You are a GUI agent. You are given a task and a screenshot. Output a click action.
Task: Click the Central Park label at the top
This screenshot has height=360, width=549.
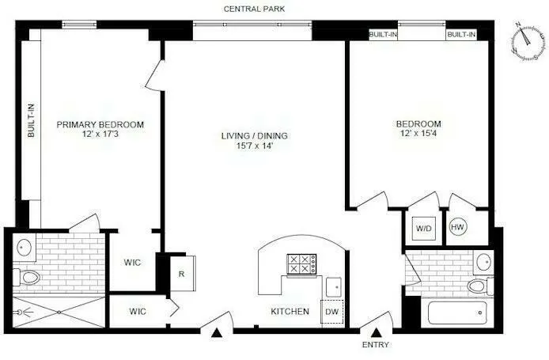(x=254, y=9)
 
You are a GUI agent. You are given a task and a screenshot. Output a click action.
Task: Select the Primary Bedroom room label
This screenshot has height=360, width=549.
(x=100, y=124)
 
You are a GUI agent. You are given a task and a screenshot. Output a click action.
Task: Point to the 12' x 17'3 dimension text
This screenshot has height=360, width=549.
(x=100, y=135)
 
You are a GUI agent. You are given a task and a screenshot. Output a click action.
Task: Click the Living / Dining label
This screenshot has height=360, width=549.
(x=254, y=136)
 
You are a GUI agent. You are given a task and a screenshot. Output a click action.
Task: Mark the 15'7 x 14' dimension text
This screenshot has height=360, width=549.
(x=254, y=147)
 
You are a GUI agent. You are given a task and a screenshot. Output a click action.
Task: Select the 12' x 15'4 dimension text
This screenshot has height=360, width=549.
(x=418, y=135)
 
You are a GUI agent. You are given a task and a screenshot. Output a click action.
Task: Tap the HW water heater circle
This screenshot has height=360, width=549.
(x=457, y=228)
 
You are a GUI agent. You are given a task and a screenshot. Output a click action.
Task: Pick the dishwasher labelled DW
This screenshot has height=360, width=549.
(x=331, y=312)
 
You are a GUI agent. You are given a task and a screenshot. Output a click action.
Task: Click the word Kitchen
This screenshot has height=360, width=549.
(x=290, y=312)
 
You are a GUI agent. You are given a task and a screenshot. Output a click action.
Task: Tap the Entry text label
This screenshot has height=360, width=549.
(x=377, y=346)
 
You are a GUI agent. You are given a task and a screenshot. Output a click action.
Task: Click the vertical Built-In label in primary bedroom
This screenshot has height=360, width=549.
(x=32, y=121)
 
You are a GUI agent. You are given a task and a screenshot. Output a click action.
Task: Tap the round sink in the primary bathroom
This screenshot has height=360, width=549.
(x=24, y=247)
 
